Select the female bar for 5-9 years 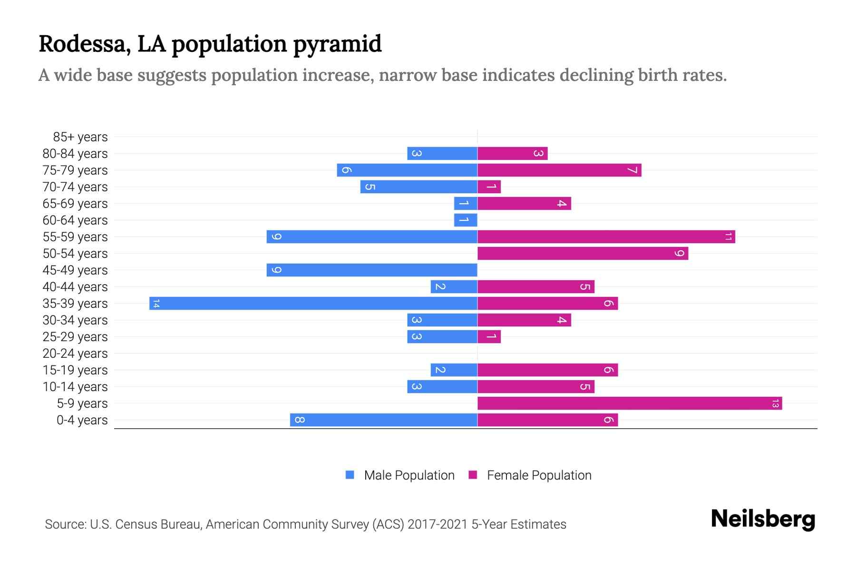click(x=630, y=403)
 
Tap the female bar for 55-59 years click(x=606, y=236)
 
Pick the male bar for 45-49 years click(x=372, y=270)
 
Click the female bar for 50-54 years click(x=583, y=253)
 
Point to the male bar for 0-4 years click(x=383, y=420)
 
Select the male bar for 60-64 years click(x=466, y=220)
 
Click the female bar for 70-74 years click(x=489, y=187)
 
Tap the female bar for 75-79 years click(x=559, y=170)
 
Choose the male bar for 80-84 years click(x=442, y=153)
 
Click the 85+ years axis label click(x=80, y=137)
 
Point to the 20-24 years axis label click(x=75, y=354)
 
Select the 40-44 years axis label click(x=75, y=287)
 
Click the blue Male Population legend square click(x=350, y=475)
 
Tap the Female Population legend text click(x=539, y=475)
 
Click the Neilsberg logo click(x=763, y=519)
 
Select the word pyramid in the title click(x=337, y=44)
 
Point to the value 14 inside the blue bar click(x=156, y=303)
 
